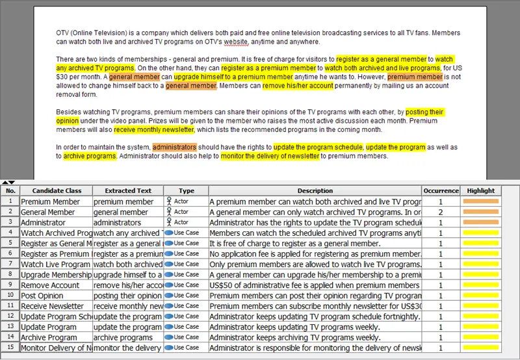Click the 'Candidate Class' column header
57,191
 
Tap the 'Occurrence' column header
441,191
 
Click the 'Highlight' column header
480,191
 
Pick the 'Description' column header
315,191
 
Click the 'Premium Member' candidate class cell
51,201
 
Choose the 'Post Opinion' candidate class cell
42,295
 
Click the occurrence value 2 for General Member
441,212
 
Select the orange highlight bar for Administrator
480,222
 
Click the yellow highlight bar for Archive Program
480,337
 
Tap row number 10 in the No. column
10,295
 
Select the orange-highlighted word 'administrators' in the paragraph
175,147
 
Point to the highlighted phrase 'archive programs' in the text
90,156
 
